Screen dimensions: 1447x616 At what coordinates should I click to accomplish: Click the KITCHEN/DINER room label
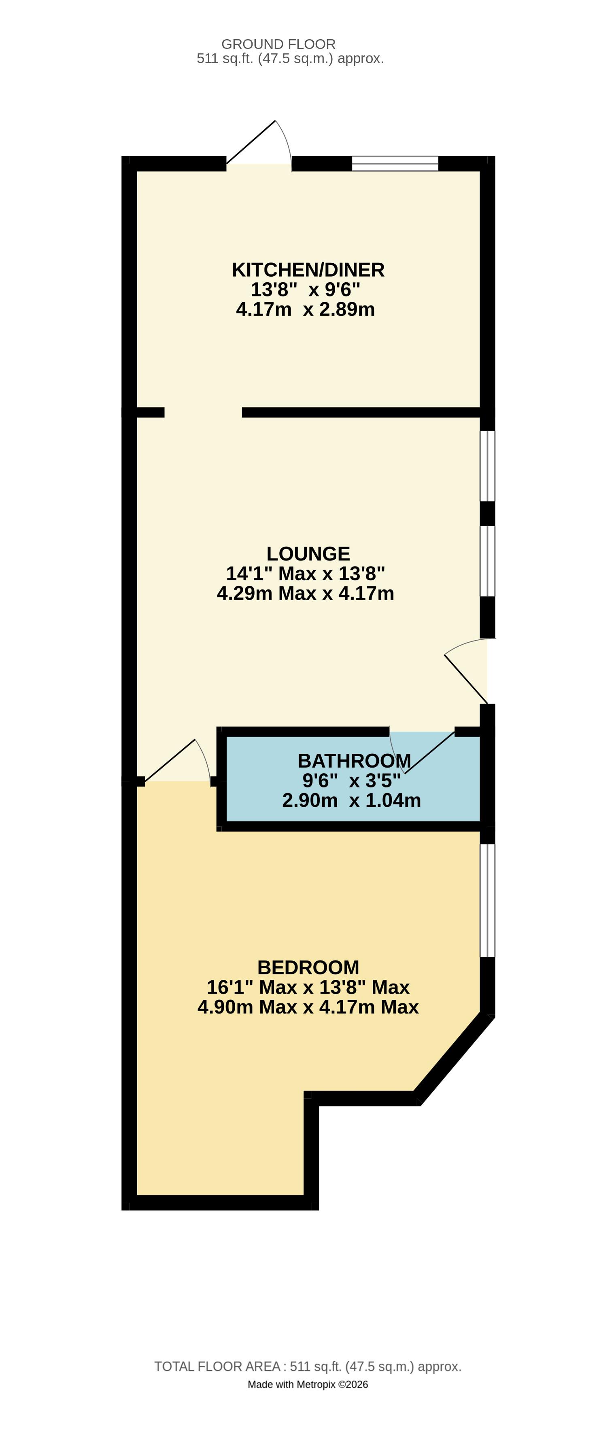tap(308, 270)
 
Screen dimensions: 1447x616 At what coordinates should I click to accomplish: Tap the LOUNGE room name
tap(308, 554)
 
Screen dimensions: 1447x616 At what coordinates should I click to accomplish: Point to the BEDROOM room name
tap(308, 967)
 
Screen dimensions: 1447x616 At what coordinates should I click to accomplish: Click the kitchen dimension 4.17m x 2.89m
tap(305, 309)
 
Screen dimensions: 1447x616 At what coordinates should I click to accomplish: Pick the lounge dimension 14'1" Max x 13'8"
tap(305, 573)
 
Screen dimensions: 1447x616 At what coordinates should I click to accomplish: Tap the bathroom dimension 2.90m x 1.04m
tap(351, 800)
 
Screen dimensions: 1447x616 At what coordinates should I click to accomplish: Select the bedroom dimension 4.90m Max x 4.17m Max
tap(308, 1007)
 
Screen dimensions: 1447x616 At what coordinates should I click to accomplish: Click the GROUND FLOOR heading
tap(278, 44)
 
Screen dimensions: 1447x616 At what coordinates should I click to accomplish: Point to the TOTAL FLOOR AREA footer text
tap(308, 1367)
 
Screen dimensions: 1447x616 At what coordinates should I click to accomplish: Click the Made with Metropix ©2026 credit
tap(308, 1384)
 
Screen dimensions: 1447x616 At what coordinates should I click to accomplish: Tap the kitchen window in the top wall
tap(395, 163)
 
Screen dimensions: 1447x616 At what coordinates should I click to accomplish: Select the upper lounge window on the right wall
tap(487, 465)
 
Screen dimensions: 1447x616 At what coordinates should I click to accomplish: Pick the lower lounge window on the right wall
tap(487, 561)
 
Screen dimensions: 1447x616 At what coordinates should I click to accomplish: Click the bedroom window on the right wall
tap(487, 900)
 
